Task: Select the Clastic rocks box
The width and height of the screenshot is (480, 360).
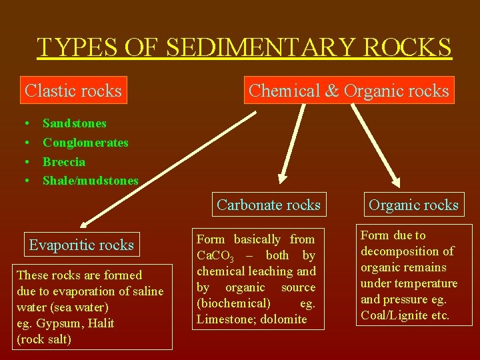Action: tap(73, 90)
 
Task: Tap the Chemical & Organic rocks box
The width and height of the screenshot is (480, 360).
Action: tap(349, 90)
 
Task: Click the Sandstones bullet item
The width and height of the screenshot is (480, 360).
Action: tap(74, 123)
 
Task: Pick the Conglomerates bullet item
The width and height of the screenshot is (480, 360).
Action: tap(85, 143)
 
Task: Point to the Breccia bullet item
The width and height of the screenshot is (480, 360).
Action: tap(64, 162)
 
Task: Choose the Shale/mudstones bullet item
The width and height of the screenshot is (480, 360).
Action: tap(91, 181)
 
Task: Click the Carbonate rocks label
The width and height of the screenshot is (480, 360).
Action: tap(268, 205)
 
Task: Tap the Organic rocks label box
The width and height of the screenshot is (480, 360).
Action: tap(413, 205)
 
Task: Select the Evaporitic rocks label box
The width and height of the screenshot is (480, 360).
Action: tap(81, 245)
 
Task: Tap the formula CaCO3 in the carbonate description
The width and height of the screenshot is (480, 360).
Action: tap(213, 255)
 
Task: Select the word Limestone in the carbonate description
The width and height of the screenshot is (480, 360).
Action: tap(222, 319)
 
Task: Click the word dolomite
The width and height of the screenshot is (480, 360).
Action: tap(283, 319)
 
